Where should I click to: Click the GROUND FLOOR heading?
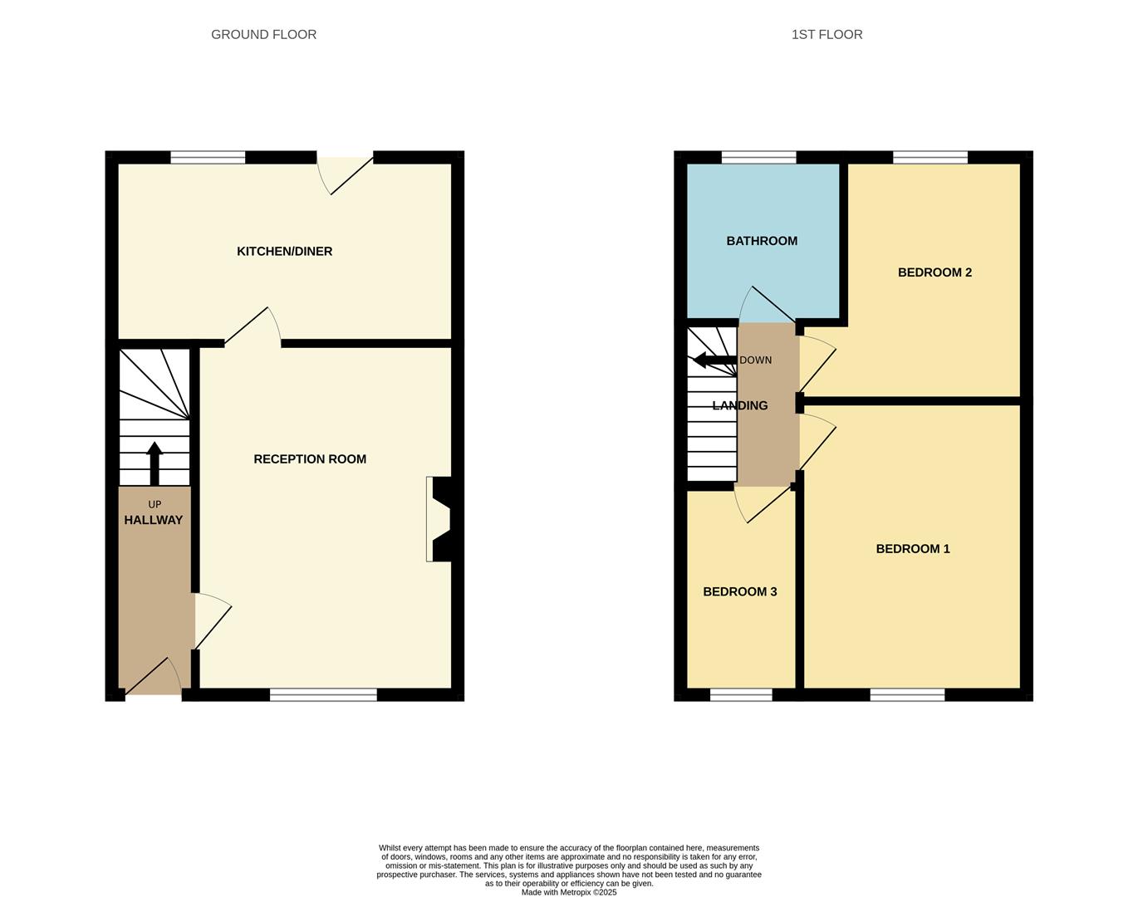point(263,34)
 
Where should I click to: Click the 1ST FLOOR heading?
point(827,34)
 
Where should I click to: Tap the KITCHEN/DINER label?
point(284,251)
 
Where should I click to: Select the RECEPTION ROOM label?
point(309,458)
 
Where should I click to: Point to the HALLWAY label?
point(153,520)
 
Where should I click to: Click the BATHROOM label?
point(761,241)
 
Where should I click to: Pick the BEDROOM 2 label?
point(934,272)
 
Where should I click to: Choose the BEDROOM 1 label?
point(912,548)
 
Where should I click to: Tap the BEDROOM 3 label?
point(739,591)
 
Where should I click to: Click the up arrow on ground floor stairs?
point(155,462)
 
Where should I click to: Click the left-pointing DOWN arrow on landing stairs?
point(713,360)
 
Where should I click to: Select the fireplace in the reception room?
point(439,518)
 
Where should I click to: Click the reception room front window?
point(323,694)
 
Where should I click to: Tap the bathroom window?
point(758,157)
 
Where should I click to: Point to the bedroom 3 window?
point(741,694)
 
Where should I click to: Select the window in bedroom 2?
point(930,157)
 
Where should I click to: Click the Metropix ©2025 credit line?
point(569,892)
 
